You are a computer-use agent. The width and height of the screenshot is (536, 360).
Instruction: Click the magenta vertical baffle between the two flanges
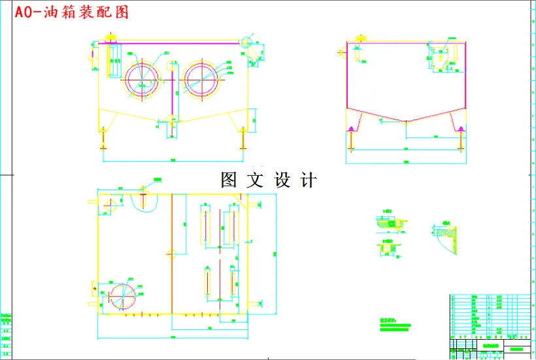click(172, 85)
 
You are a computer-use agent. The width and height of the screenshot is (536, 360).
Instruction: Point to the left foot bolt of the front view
click(103, 138)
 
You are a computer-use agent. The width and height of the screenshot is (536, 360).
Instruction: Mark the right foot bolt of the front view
click(243, 138)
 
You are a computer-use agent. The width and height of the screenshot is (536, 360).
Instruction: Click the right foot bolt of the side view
click(461, 137)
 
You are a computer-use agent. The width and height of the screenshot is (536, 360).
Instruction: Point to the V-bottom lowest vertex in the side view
click(407, 122)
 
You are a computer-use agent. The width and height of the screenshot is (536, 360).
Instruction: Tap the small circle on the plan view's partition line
click(172, 254)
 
